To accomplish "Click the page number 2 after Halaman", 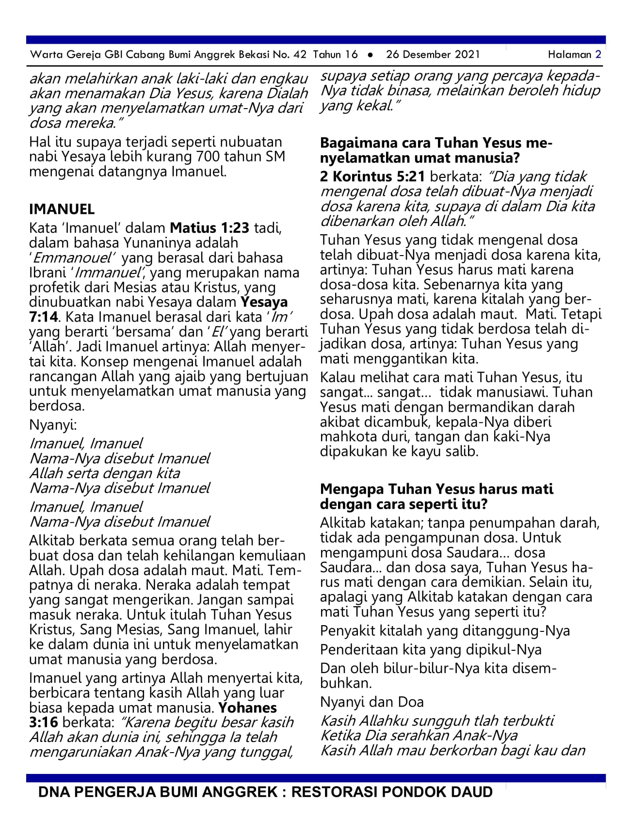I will pos(598,54).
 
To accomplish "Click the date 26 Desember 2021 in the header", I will pos(433,54).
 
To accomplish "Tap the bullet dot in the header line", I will pos(371,55).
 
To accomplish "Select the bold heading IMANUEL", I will pos(62,209).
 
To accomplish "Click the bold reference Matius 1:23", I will pos(210,227).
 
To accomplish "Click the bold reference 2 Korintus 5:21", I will pos(372,176).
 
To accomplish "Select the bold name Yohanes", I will pos(247,708).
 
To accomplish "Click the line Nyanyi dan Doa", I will pos(372,702).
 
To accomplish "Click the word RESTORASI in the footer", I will pos(334,792).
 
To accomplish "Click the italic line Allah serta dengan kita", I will pos(104,473).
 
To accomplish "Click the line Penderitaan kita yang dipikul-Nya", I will pos(431,649).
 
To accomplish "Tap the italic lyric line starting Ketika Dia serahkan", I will pos(419,735).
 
